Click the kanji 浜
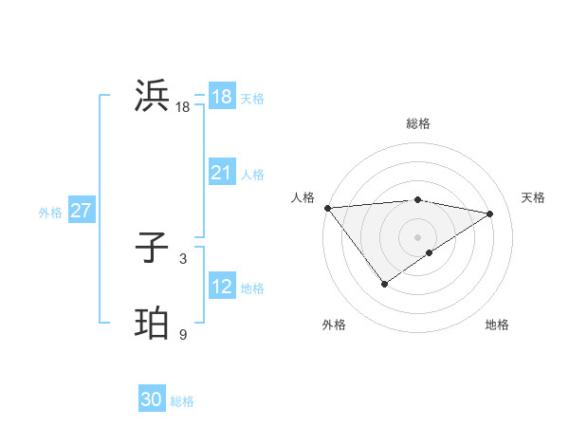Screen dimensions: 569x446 tap(153, 96)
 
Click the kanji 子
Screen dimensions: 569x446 tap(153, 248)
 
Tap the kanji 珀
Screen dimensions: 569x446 tap(153, 324)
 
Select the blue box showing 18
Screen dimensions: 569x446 tap(221, 97)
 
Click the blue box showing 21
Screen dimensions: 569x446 tap(221, 173)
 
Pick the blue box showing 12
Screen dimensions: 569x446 tap(221, 287)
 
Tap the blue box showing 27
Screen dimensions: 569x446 tap(81, 211)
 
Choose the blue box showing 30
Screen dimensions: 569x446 tap(152, 400)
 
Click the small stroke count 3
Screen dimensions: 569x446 tap(183, 258)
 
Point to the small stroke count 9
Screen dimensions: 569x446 tap(183, 334)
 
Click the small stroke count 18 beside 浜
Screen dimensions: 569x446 tap(183, 107)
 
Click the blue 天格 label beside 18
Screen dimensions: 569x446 tap(251, 99)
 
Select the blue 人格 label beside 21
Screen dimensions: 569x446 tap(251, 175)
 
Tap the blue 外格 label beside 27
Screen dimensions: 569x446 tap(50, 213)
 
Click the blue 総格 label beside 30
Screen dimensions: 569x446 tap(182, 401)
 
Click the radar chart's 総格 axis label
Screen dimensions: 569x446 tap(417, 123)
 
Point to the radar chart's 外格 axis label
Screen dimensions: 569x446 tap(334, 325)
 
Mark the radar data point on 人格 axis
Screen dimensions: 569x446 tap(327, 208)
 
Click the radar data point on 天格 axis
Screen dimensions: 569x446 tap(490, 214)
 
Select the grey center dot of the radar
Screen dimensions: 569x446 tap(417, 236)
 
